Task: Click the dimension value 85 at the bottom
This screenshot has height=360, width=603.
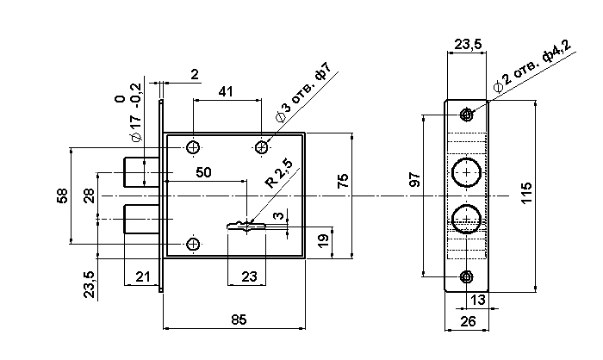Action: coord(239,320)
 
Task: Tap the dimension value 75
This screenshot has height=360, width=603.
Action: coord(342,182)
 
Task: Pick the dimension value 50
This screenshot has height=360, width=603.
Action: coord(203,172)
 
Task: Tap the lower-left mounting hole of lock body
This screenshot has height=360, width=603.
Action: coord(193,245)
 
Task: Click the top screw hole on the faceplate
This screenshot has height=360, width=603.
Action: coord(466,114)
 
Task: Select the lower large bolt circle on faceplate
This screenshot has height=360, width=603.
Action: coord(467,218)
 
